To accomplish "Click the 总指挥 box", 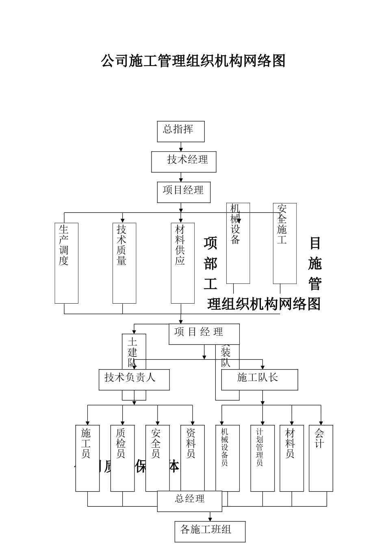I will (180, 131).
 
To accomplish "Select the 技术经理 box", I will (184, 162).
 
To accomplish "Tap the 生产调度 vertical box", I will (66, 263).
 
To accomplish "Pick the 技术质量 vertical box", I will (124, 263).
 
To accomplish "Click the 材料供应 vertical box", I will (182, 263).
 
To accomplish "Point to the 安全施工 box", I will (284, 243).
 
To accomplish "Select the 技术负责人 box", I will (134, 379).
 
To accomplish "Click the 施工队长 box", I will (259, 379).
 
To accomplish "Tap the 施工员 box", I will (87, 458).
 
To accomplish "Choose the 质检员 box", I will (122, 458).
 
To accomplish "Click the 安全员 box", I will (157, 458).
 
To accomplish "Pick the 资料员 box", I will (192, 458).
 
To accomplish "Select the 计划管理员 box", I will (262, 458).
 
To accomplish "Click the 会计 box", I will (321, 458).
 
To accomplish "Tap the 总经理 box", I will (189, 501).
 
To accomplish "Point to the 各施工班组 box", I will (210, 531).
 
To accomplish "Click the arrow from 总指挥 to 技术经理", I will (181, 147).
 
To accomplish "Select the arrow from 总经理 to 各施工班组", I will (210, 516).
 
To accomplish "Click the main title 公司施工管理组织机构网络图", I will (193, 61).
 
